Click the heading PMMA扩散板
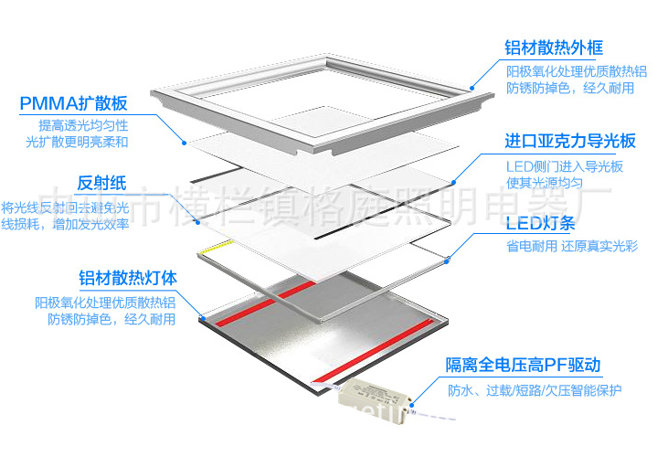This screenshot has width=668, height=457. coord(73,102)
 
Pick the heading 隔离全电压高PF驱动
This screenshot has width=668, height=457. coord(524,366)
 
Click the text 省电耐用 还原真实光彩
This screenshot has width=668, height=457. coord(571,247)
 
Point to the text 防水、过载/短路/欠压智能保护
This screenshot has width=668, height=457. coord(535,390)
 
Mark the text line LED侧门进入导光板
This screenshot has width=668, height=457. coord(565,165)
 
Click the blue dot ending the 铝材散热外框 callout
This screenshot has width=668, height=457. coord(472,87)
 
